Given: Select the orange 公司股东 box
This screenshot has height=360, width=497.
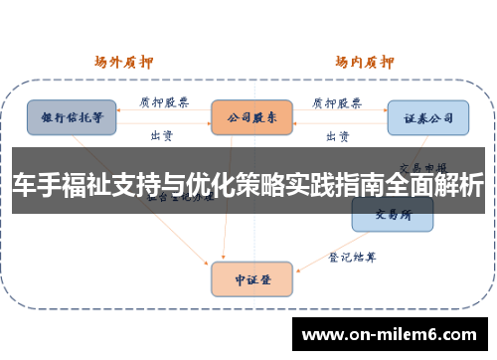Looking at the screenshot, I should (252, 117).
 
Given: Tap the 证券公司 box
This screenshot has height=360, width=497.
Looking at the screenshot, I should (427, 117).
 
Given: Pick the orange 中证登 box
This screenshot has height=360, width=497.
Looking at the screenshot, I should (252, 279).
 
